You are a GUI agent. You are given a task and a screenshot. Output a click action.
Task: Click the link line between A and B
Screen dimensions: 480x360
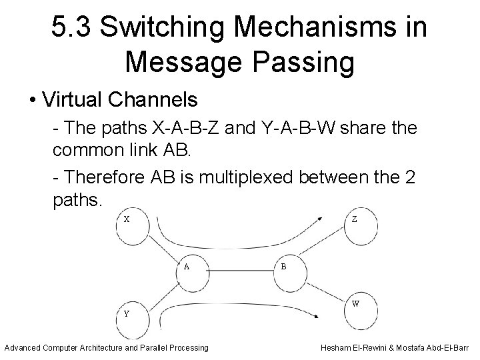tap(240, 269)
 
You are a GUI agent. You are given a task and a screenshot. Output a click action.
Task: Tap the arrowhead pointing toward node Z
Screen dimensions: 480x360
tap(325, 217)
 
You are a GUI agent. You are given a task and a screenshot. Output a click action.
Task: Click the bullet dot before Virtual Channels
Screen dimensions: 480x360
tap(32, 100)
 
